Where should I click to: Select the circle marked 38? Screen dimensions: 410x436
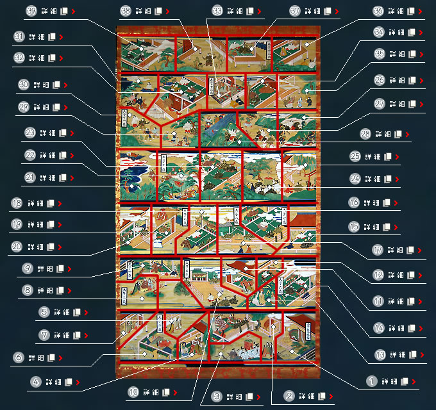[x=126, y=12]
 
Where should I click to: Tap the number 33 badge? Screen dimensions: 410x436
[x=218, y=12]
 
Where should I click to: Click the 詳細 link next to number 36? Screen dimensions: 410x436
[x=398, y=12]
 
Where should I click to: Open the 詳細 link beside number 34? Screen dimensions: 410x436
[x=398, y=32]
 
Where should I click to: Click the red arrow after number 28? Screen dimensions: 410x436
[x=407, y=134]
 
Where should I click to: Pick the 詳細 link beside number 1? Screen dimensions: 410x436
[x=390, y=381]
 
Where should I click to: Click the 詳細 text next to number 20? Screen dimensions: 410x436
[x=40, y=245]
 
